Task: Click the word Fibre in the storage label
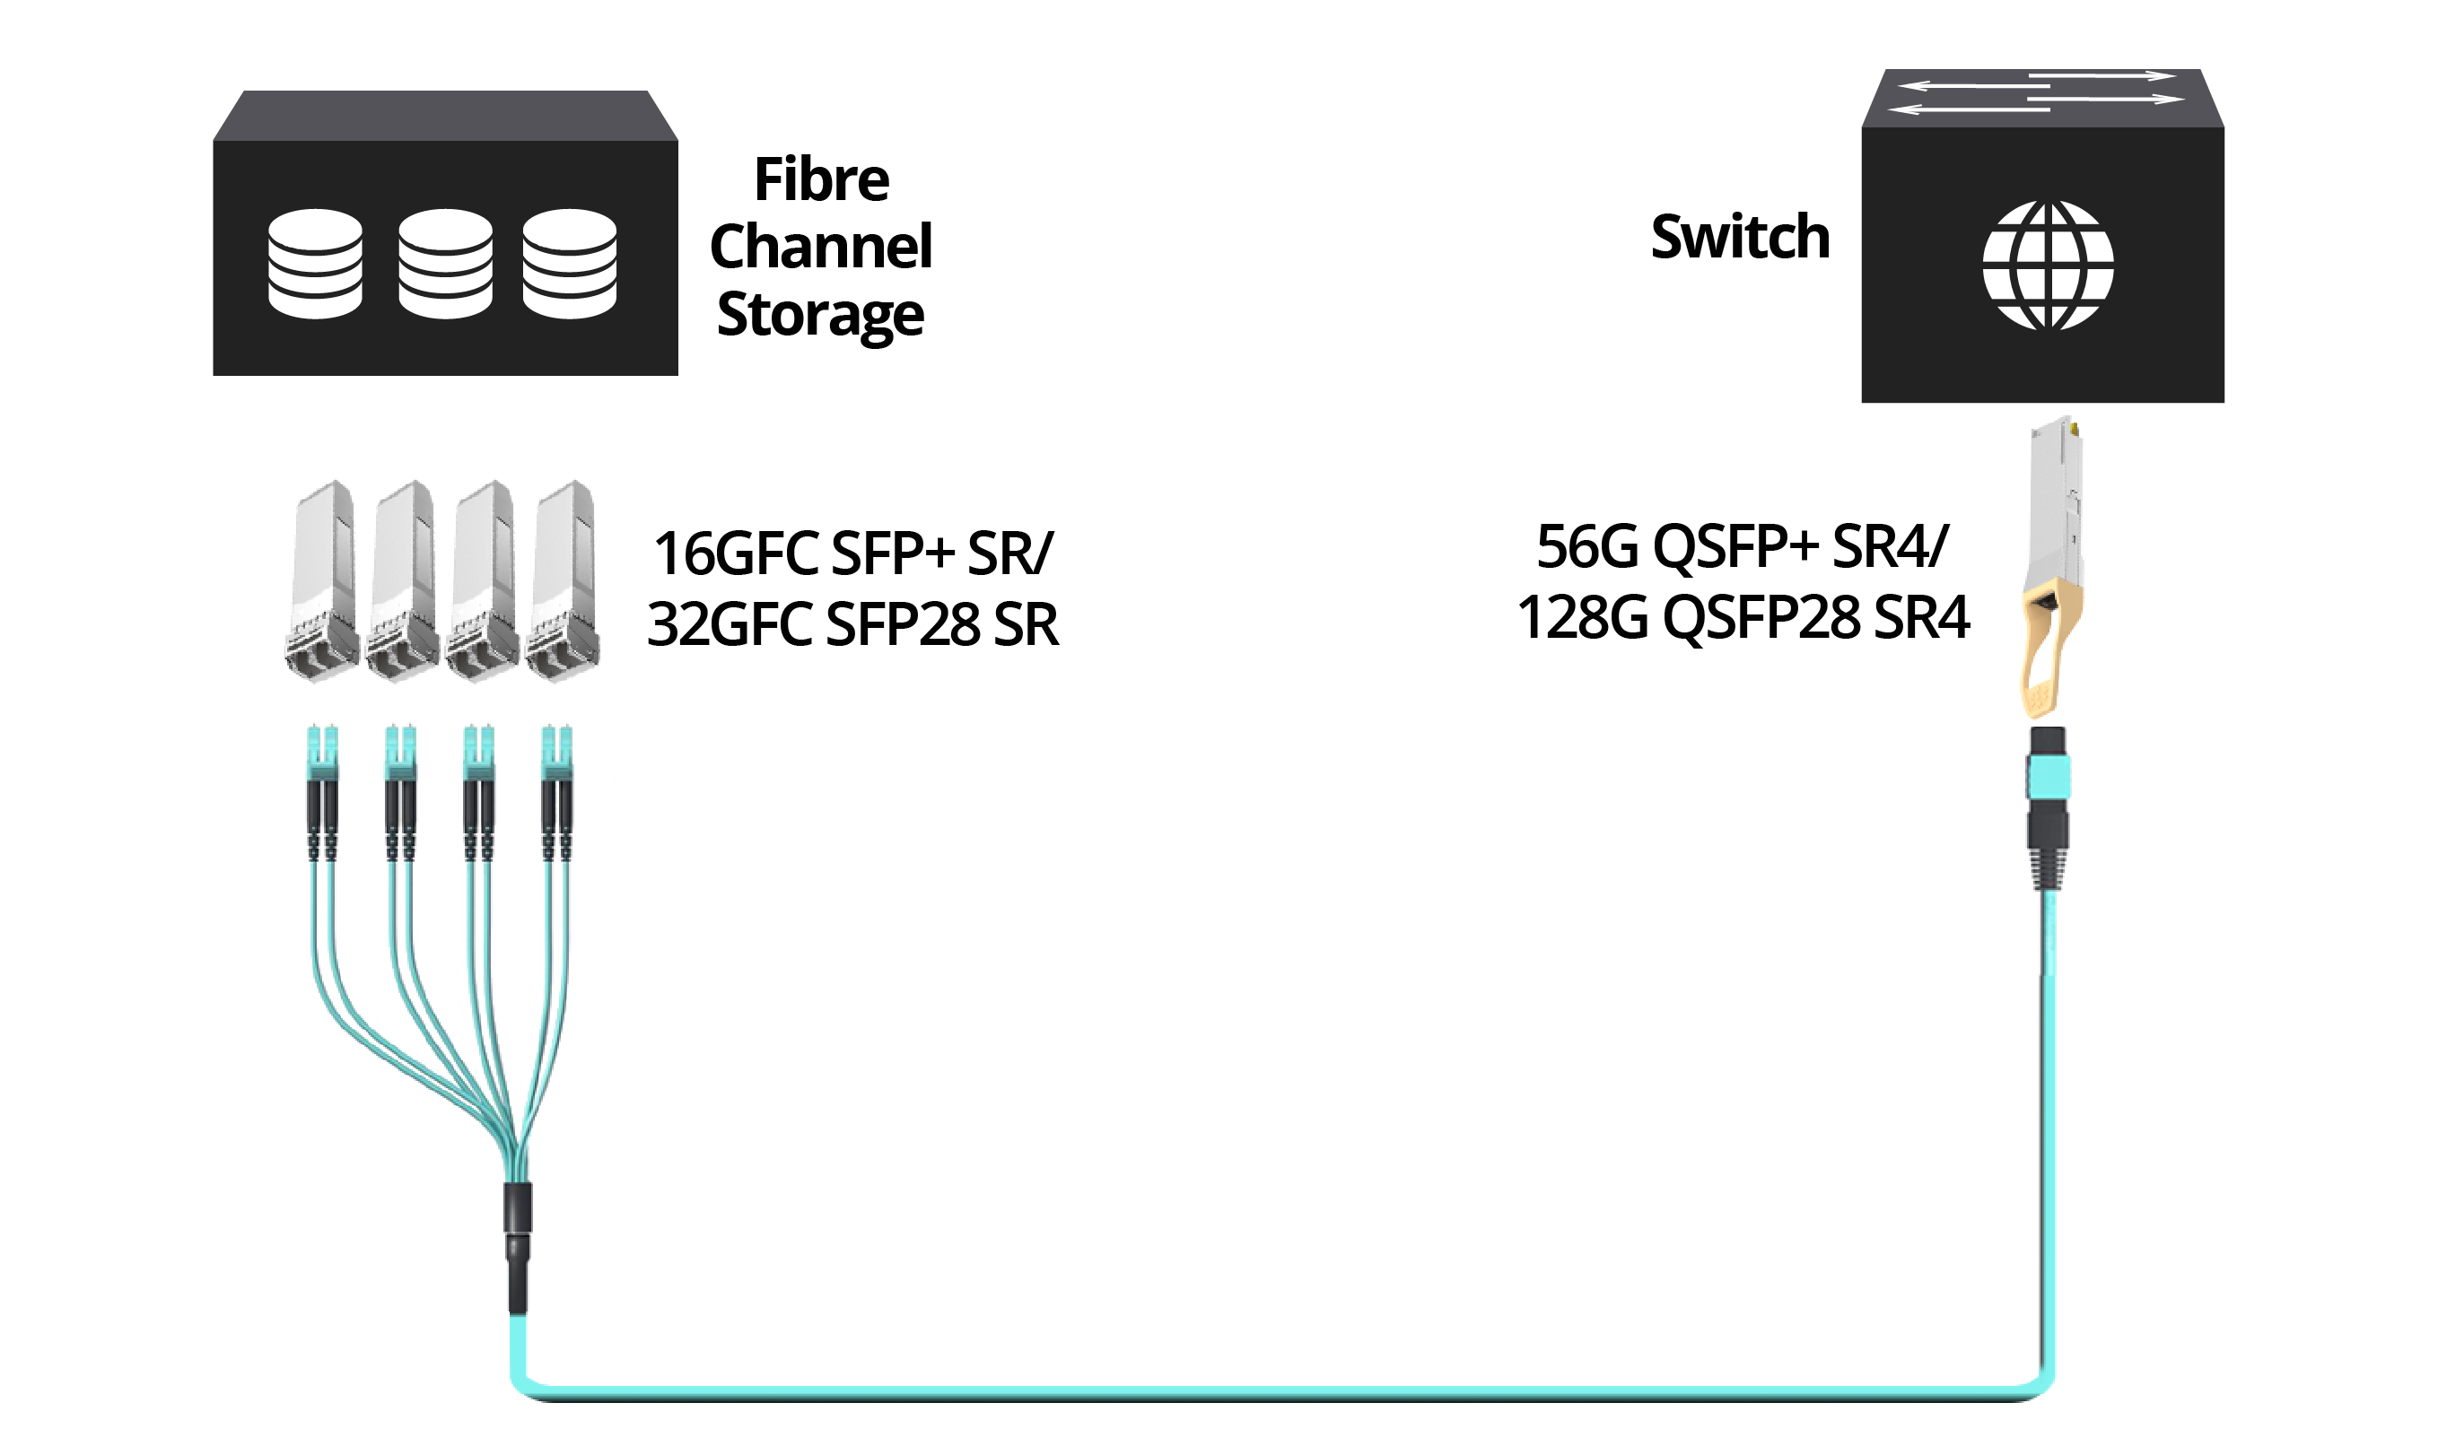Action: click(x=821, y=179)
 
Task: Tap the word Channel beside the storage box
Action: click(x=821, y=246)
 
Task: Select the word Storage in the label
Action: click(x=820, y=316)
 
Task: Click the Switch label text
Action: click(x=1741, y=237)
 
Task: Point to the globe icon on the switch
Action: click(x=2047, y=266)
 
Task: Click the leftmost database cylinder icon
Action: click(x=315, y=263)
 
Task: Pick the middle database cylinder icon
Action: click(x=445, y=263)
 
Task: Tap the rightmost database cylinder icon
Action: click(x=570, y=263)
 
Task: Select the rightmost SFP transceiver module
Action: click(x=563, y=580)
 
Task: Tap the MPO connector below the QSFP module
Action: click(x=2047, y=807)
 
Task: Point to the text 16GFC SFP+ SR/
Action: click(x=852, y=554)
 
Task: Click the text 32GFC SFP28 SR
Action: click(x=853, y=624)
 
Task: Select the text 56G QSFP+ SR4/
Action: click(x=1743, y=546)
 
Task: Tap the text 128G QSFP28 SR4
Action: click(x=1743, y=617)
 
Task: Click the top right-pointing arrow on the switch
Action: click(x=2102, y=75)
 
